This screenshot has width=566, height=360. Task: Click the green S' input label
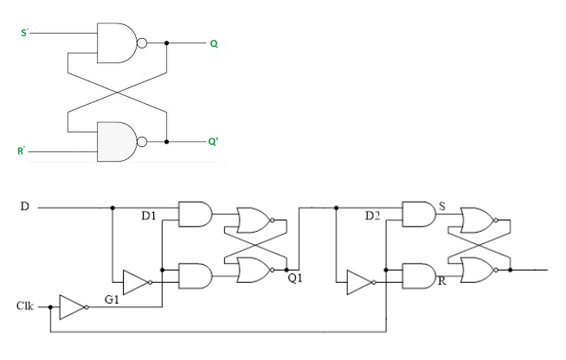[x=25, y=34]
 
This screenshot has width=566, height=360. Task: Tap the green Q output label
[x=213, y=42]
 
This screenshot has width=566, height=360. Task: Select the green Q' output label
[x=214, y=141]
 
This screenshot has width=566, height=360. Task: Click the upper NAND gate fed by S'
[x=118, y=42]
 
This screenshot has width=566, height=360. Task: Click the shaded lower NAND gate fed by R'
[x=118, y=141]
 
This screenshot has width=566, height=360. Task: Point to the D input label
[x=25, y=207]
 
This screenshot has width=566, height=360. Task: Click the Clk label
[x=26, y=306]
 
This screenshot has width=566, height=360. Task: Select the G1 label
[x=113, y=299]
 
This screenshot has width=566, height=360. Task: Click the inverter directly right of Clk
[x=71, y=306]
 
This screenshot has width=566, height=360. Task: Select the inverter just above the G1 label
[x=135, y=282]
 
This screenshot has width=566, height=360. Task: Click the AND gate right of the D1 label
[x=195, y=214]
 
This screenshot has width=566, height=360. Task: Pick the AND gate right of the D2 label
[x=419, y=214]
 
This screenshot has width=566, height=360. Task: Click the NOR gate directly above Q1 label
[x=252, y=271]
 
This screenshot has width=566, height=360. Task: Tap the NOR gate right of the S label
[x=477, y=220]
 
